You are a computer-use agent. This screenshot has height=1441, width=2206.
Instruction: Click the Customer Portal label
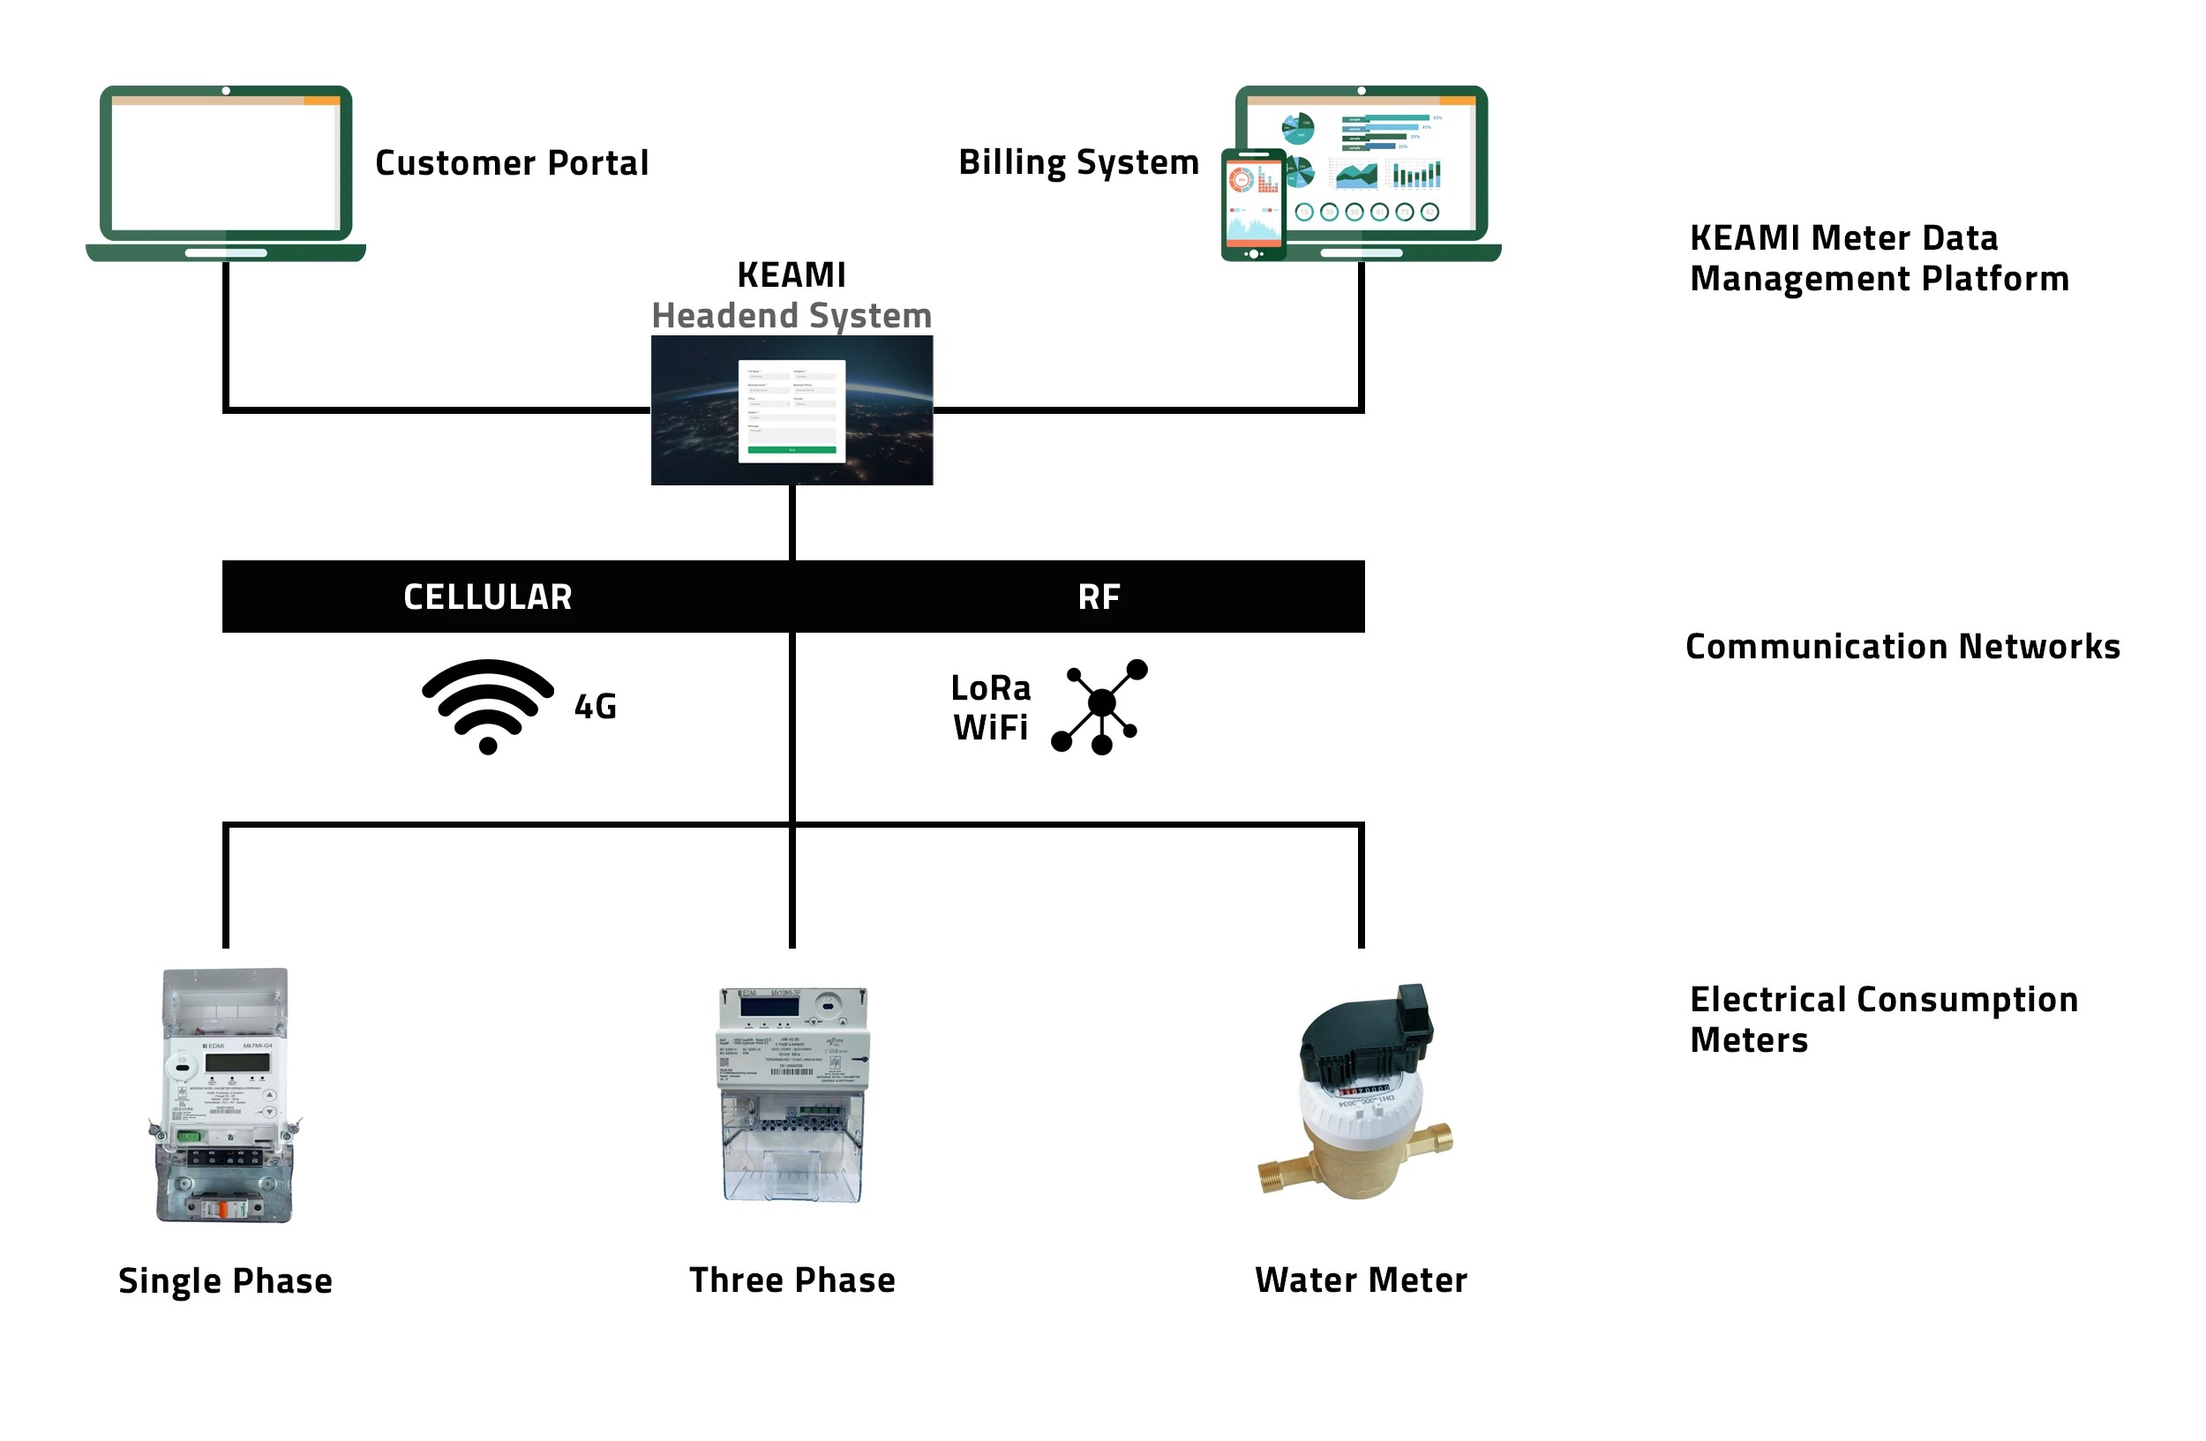(x=512, y=163)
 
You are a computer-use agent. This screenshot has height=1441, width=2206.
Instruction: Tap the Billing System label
(x=1078, y=162)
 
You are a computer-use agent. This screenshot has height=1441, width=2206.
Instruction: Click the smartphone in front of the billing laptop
(x=1253, y=204)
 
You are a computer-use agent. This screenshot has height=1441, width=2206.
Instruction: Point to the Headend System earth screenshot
(x=792, y=409)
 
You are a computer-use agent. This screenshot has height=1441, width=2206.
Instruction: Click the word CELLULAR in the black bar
(x=488, y=597)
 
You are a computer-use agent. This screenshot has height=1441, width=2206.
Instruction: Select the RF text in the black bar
(x=1099, y=597)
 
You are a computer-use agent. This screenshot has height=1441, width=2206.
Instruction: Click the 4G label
(x=595, y=707)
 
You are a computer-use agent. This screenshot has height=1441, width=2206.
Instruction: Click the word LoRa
(x=990, y=687)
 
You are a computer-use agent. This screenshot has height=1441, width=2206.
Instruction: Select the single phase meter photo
(x=225, y=1095)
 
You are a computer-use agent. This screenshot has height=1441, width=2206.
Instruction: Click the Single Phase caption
(x=225, y=1280)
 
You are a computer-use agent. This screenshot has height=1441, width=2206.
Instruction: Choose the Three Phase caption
(x=792, y=1280)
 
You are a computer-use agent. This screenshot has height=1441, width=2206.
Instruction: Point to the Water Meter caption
(x=1361, y=1280)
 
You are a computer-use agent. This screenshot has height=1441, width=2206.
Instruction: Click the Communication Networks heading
(x=1902, y=647)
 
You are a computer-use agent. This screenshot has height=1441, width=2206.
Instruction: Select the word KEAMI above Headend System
(x=792, y=275)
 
